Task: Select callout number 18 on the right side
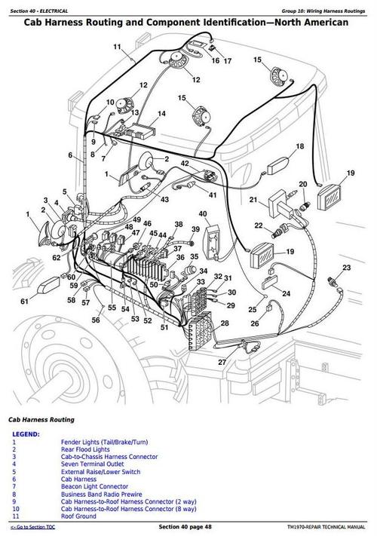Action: click(299, 146)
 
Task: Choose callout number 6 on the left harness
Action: click(71, 156)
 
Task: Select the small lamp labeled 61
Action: click(51, 286)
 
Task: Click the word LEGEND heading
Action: click(26, 435)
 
